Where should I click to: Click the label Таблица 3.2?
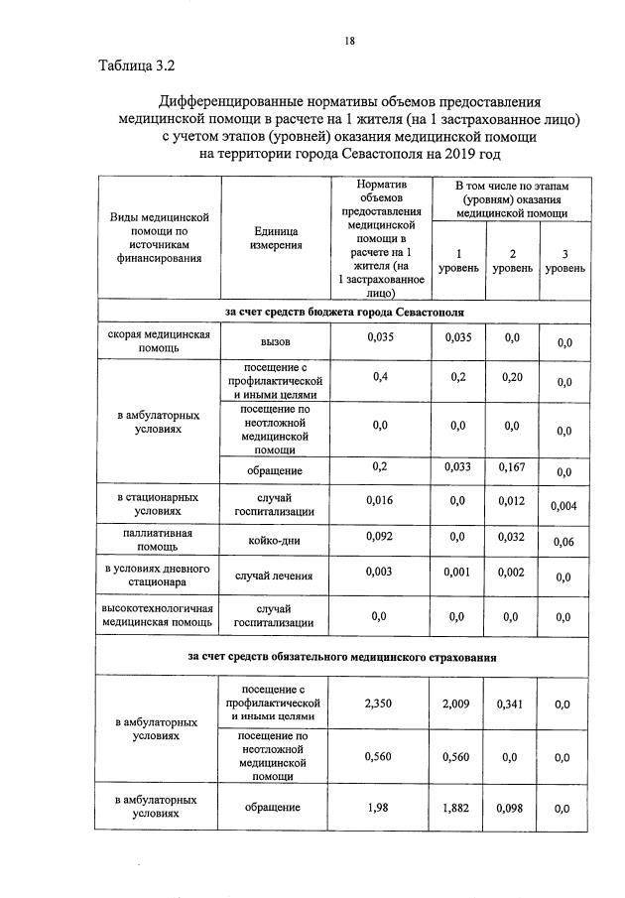pyautogui.click(x=137, y=67)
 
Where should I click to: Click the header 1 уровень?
pyautogui.click(x=457, y=260)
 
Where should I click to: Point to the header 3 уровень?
pyautogui.click(x=564, y=260)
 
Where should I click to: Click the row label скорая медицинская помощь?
pyautogui.click(x=159, y=342)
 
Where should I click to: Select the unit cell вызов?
pyautogui.click(x=276, y=341)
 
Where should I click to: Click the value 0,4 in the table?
pyautogui.click(x=380, y=377)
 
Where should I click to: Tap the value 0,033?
pyautogui.click(x=457, y=467)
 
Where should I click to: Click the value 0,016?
pyautogui.click(x=380, y=500)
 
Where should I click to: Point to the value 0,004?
pyautogui.click(x=564, y=506)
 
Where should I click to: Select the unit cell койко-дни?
pyautogui.click(x=276, y=542)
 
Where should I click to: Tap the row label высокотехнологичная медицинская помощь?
pyautogui.click(x=159, y=615)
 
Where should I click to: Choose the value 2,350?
pyautogui.click(x=380, y=704)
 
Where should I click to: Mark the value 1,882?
pyautogui.click(x=457, y=808)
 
